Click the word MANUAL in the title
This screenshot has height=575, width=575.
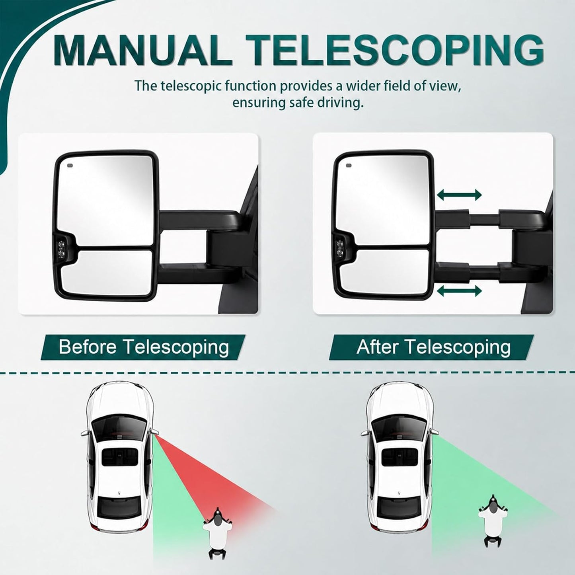[142, 51]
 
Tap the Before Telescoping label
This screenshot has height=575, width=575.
[144, 347]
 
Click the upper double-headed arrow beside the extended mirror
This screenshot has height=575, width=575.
[459, 195]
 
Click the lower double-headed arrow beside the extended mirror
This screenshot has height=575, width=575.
[459, 291]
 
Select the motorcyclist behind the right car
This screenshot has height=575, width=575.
[493, 515]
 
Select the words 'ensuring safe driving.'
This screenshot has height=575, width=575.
[298, 103]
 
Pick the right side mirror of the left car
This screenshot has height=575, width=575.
[155, 432]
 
